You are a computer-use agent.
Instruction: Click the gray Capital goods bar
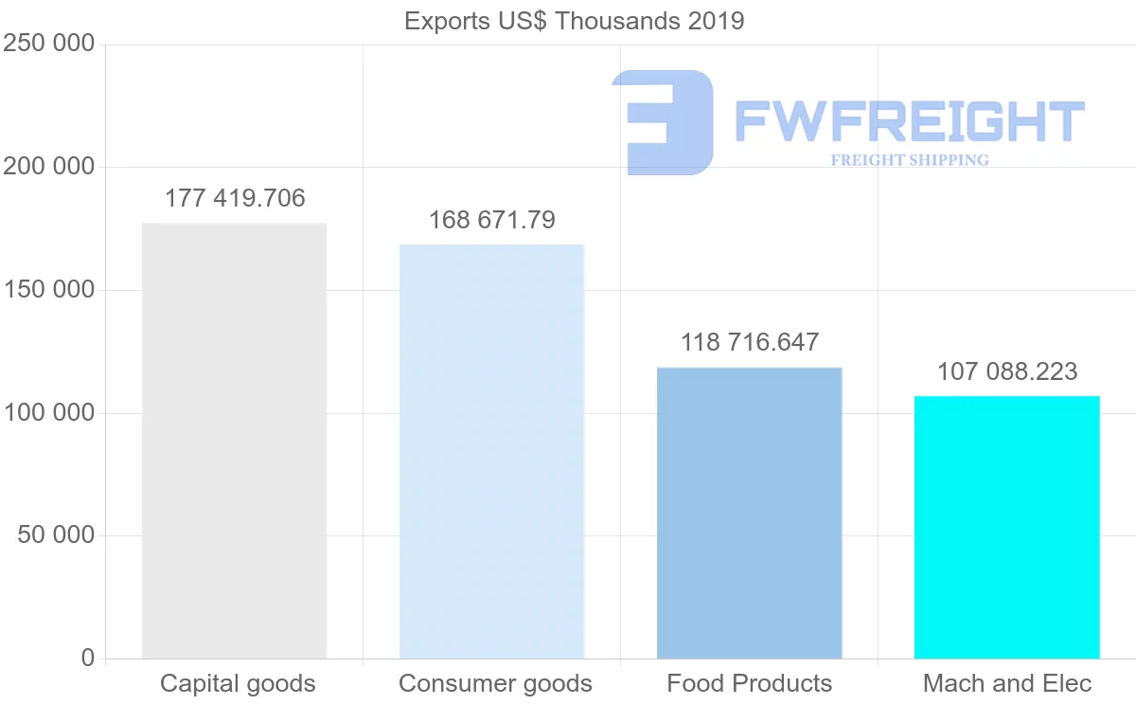pos(234,441)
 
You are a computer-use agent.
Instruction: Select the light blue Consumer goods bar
pos(491,451)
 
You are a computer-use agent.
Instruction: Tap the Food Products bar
pos(749,513)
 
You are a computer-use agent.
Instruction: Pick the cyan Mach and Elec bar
pos(1006,527)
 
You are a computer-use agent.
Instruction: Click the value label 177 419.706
pos(235,199)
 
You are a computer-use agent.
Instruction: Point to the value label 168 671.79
pos(491,220)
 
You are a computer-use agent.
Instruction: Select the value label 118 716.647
pos(749,343)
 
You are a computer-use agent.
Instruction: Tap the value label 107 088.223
pos(1006,371)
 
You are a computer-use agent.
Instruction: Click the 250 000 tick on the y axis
pos(48,44)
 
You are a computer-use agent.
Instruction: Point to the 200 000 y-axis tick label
pos(48,167)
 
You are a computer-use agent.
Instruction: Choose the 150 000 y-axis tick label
pos(48,290)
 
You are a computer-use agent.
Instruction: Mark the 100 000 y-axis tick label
pos(48,412)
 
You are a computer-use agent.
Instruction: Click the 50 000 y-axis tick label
pos(56,535)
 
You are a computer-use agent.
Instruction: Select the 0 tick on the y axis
pos(88,658)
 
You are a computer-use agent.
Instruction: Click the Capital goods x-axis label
pos(238,683)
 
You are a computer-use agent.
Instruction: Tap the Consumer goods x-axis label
pos(495,683)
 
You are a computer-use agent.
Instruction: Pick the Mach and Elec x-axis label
pos(1007,683)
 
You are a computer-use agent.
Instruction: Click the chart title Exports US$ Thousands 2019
pos(574,21)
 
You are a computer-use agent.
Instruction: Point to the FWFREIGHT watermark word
pos(909,123)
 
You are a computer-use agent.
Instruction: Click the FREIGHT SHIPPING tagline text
pos(909,160)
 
